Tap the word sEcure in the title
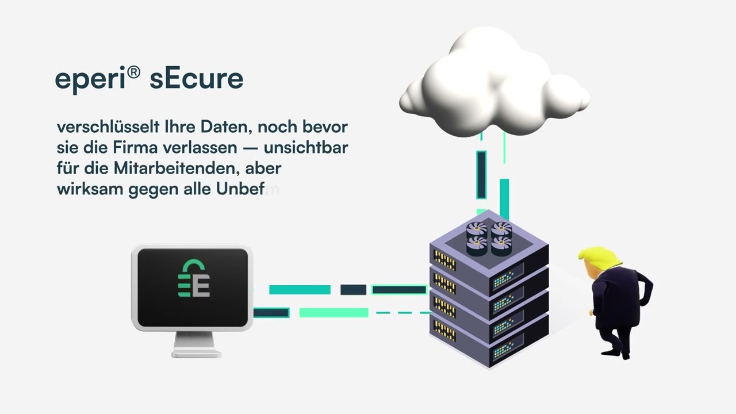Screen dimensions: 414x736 (x=196, y=78)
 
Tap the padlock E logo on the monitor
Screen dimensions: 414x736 (x=193, y=279)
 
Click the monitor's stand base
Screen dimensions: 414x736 (x=196, y=351)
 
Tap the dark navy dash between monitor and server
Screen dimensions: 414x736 (x=353, y=290)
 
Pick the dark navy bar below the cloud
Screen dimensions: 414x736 (x=481, y=174)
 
